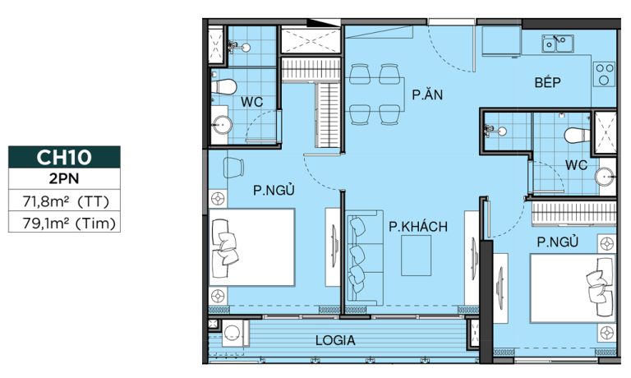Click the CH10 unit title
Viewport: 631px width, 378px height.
64,157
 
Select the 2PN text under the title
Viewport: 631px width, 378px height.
64,178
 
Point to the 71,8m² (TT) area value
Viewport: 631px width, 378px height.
66,201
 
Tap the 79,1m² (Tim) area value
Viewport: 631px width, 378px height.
69,223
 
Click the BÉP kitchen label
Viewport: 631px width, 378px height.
547,82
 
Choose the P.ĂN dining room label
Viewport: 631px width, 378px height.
427,94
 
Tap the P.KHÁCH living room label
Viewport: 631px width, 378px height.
418,227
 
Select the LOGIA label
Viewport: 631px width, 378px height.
335,340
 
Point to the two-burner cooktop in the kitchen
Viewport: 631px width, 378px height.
604,75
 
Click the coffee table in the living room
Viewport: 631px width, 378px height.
416,256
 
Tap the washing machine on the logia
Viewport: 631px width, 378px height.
232,333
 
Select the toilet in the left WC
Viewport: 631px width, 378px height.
223,86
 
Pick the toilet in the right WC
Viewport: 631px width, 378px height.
577,136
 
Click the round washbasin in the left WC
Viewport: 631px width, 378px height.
222,125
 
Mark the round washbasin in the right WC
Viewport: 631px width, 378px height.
605,177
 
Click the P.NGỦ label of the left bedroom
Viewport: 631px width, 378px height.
274,190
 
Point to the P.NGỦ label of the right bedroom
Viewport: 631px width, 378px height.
558,242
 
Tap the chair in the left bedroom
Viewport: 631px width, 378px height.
233,168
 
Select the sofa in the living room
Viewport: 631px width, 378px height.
364,258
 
